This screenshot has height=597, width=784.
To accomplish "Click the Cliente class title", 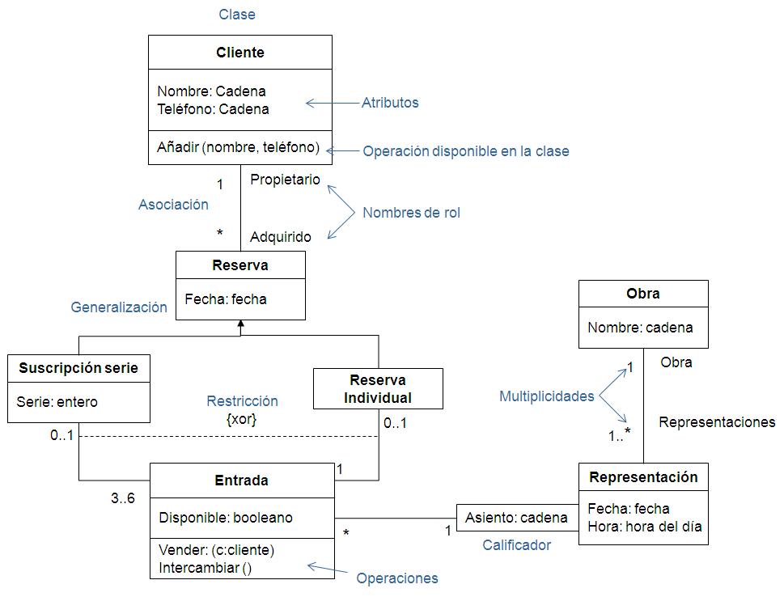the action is click(x=240, y=53).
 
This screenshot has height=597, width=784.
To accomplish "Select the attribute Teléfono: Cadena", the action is click(x=213, y=109).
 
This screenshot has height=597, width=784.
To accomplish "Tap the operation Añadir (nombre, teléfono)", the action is click(x=238, y=147).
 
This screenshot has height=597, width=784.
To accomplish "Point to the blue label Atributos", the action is click(x=390, y=103).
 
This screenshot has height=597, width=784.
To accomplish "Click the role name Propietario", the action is click(x=285, y=180).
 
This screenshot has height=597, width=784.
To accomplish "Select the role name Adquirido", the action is click(x=281, y=236).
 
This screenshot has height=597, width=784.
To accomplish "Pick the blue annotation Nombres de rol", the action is click(x=411, y=213).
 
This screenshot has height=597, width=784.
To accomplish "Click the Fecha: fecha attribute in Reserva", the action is click(x=226, y=299).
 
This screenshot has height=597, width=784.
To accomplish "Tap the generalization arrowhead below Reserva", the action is click(x=240, y=324).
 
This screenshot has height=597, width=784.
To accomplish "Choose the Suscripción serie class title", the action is click(x=78, y=368).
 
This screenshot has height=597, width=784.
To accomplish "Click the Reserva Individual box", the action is click(x=378, y=388).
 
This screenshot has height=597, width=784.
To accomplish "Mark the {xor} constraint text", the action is click(x=241, y=419).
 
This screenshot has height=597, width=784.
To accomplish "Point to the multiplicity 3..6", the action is click(x=123, y=498).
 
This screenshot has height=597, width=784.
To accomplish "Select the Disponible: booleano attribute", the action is click(x=226, y=518).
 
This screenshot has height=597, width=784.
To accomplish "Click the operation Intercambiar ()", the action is click(x=205, y=568).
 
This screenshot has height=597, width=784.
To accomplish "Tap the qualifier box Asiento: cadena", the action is click(x=517, y=518).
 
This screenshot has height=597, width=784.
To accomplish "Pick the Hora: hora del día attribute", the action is click(x=645, y=527).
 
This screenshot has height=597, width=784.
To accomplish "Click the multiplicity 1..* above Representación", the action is click(x=619, y=434).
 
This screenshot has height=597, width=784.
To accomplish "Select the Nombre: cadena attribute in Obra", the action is click(x=640, y=328).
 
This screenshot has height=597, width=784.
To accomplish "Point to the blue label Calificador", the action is click(x=516, y=545).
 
